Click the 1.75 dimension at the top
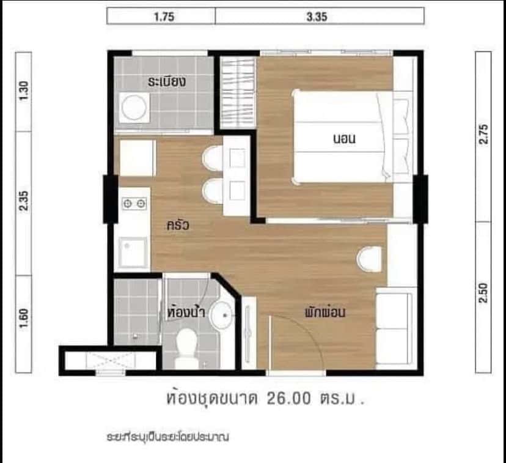pos(161,17)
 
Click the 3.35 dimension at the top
pos(317,17)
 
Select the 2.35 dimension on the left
pos(24,202)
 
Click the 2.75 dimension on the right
pos(483,135)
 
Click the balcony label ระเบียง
pos(166,81)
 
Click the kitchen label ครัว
pos(177,225)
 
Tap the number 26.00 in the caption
pos(290,399)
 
